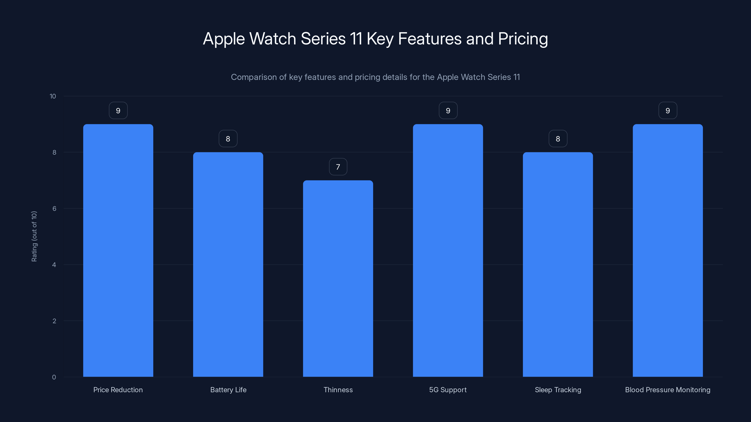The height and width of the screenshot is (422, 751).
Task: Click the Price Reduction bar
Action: coord(118,250)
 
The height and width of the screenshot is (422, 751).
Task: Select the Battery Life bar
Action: coord(228,264)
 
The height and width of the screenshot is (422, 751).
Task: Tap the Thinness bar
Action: coord(338,279)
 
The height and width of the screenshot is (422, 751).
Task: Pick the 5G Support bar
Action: coord(448,250)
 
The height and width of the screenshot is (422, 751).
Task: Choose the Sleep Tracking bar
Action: coord(558,264)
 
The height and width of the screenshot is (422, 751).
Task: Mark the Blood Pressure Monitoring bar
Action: coord(668,250)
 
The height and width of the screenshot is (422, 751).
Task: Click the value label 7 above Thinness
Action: coord(338,167)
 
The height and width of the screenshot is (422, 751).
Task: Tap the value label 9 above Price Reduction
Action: coord(118,111)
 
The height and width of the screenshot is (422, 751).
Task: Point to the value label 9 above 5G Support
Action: coord(448,111)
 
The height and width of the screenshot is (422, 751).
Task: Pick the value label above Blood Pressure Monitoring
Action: coord(668,111)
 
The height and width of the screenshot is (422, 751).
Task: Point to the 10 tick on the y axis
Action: coord(53,96)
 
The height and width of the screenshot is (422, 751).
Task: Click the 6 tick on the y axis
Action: coord(54,208)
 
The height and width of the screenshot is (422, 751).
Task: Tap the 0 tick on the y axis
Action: coord(54,377)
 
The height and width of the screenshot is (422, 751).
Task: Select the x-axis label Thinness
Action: coord(338,390)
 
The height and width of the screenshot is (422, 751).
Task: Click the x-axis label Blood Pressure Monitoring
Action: coord(668,390)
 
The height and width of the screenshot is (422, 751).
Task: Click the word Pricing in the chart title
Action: coord(523,39)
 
